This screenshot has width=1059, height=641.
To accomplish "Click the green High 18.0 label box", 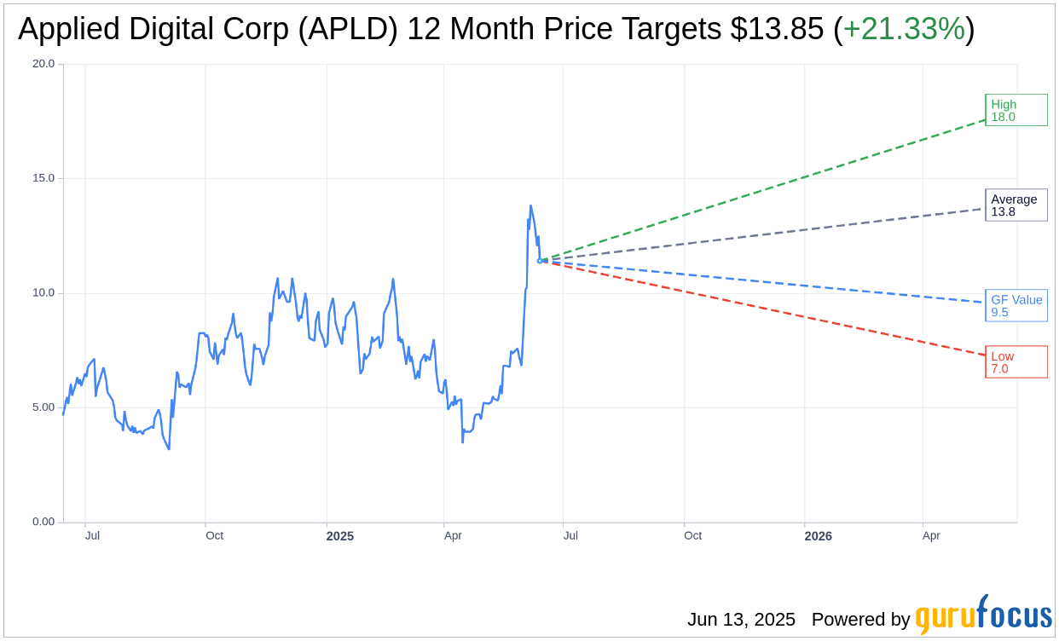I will [1016, 110].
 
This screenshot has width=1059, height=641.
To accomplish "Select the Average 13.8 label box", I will [1016, 205].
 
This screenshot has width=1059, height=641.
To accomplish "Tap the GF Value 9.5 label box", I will [1016, 306].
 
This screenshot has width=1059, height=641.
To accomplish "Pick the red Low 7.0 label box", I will [1016, 362].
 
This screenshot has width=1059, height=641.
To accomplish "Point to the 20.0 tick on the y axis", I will [43, 64].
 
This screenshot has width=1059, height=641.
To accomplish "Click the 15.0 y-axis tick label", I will [43, 178].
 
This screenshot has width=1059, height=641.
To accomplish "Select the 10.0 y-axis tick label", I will [43, 293].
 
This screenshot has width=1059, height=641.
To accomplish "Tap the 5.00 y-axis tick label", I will [43, 407].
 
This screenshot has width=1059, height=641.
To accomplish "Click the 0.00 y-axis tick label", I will [43, 522].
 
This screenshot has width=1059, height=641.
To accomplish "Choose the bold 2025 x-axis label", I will [339, 536].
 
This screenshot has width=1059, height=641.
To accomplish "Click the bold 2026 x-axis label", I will [818, 536].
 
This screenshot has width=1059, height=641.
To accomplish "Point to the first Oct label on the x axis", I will [214, 535].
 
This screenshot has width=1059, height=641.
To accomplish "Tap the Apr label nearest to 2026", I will [931, 535].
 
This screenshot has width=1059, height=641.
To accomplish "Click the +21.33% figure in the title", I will [903, 29].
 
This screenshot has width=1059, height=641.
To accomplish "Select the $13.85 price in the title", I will [777, 29].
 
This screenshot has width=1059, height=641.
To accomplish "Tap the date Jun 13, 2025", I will [741, 619].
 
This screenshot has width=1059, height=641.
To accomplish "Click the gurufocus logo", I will [983, 615].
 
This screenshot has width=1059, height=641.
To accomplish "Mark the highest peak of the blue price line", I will [530, 205].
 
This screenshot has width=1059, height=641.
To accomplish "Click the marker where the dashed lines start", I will [540, 261].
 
